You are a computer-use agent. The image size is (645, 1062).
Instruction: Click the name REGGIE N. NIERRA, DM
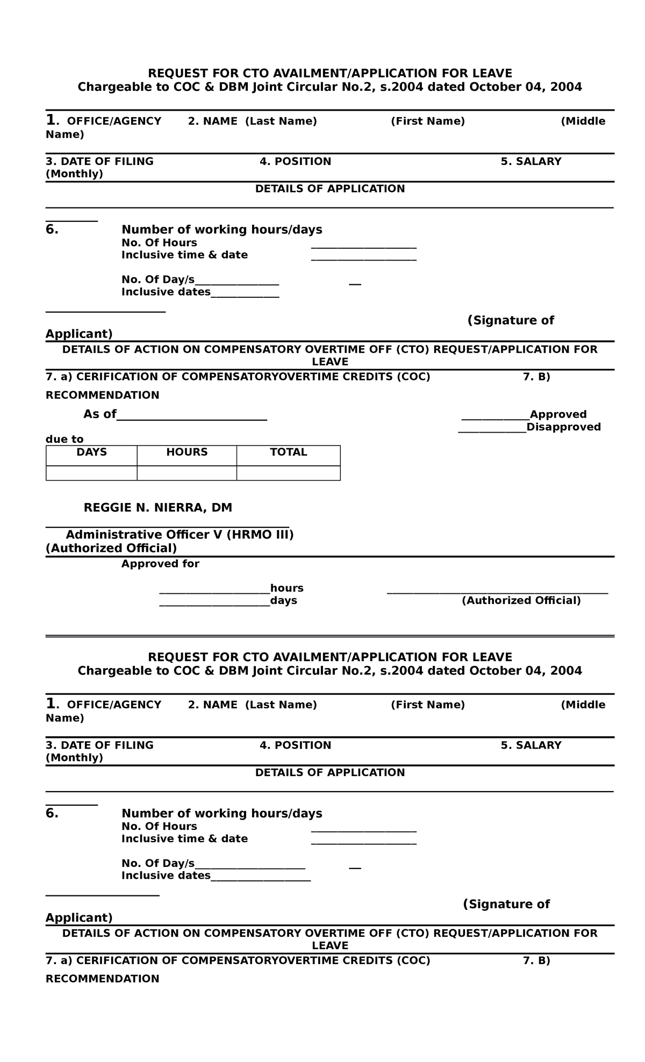157,508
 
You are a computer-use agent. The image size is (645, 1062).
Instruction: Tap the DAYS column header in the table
91,453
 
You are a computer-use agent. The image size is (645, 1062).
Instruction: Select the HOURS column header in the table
187,453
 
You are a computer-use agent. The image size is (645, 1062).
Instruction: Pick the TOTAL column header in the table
288,453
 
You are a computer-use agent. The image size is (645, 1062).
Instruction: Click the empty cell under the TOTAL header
288,473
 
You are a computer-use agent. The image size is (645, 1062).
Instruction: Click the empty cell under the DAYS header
91,473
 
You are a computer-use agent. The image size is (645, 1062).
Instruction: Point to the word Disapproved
563,427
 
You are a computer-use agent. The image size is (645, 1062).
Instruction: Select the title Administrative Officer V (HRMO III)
180,535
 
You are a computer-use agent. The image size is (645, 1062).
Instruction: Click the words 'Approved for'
160,564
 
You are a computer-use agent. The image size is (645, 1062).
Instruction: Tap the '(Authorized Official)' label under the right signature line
521,601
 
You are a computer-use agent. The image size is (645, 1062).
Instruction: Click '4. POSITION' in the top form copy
295,162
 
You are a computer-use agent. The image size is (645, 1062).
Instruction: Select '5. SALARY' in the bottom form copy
531,745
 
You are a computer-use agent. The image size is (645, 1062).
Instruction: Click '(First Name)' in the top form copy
427,121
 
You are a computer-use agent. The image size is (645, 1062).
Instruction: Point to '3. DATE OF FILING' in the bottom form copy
99,745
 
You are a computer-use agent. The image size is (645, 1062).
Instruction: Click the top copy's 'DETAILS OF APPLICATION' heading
329,189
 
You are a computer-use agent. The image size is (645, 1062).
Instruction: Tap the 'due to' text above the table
64,440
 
